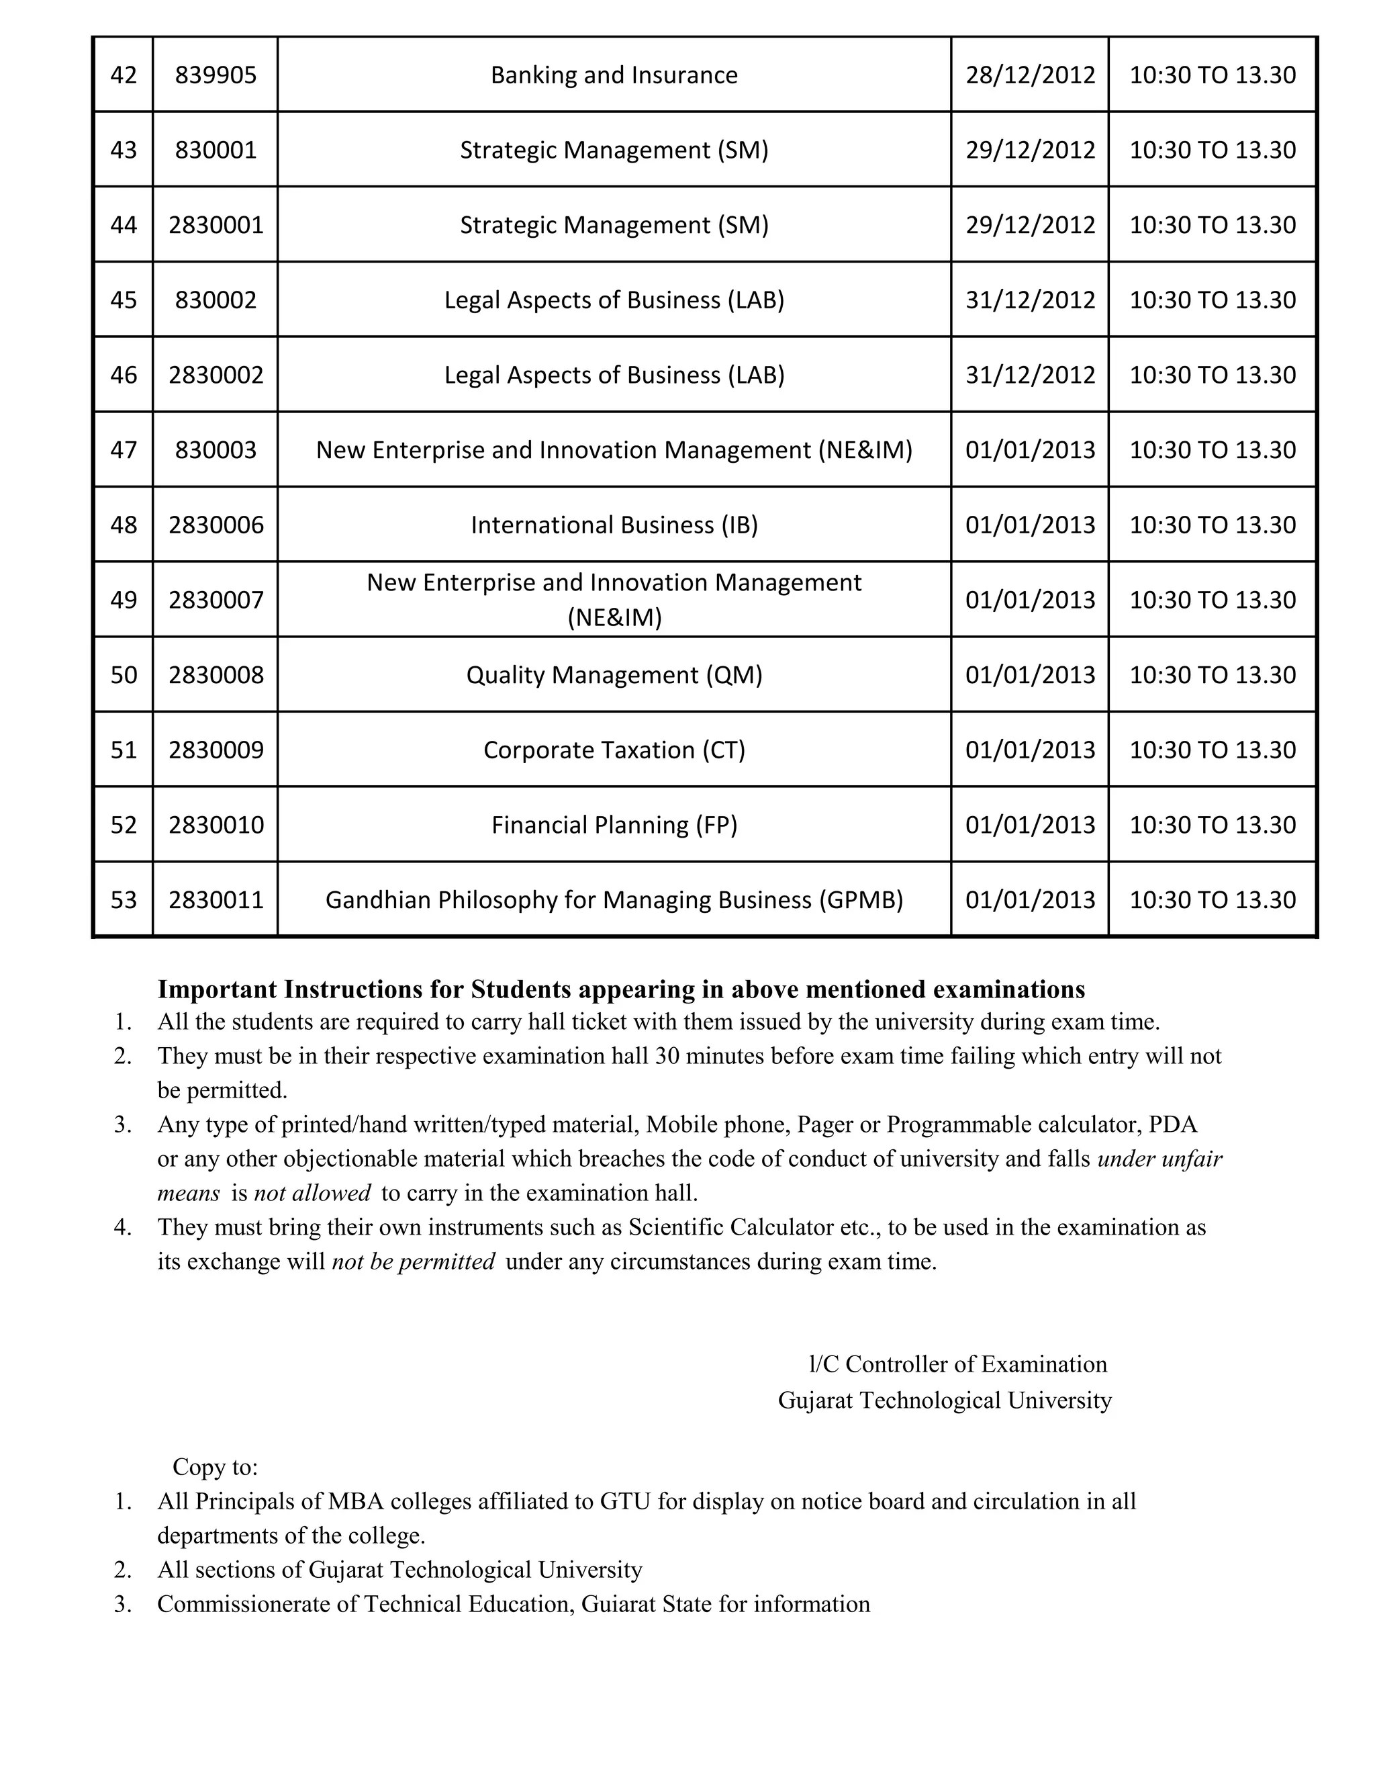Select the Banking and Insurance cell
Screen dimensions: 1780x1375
[x=614, y=75]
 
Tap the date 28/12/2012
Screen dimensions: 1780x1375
[x=1030, y=75]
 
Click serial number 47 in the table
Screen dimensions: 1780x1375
[x=123, y=450]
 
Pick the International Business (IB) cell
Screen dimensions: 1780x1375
[x=614, y=525]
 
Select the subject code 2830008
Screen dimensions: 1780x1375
[x=216, y=675]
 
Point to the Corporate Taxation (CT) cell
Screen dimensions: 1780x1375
[x=614, y=750]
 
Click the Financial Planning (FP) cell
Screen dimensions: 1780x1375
[x=614, y=825]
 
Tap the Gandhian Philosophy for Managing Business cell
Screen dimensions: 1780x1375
[x=614, y=900]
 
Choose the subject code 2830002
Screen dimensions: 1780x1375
[x=216, y=375]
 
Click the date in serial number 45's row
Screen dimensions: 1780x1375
[x=1030, y=300]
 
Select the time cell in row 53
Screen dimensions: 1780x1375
[x=1212, y=900]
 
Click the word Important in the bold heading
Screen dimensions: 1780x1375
[x=217, y=989]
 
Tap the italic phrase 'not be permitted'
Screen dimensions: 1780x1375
[x=413, y=1261]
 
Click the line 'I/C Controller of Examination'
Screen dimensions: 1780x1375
[x=957, y=1364]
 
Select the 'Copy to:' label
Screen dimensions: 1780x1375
[x=215, y=1467]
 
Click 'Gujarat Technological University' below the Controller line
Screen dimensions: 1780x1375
[x=944, y=1400]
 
